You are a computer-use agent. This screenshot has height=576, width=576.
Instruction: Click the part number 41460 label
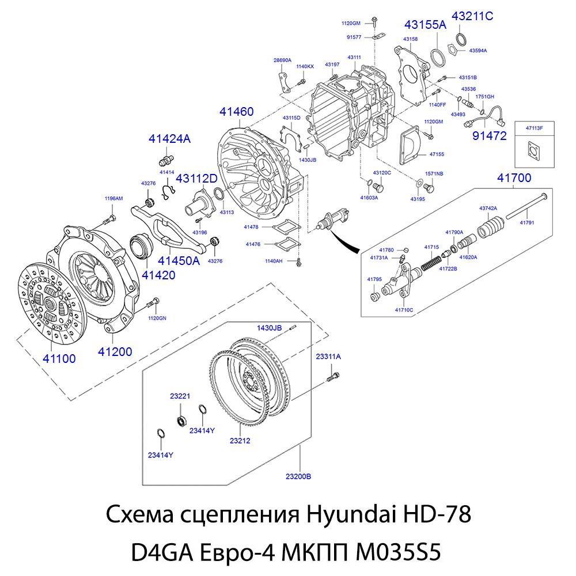tap(236, 112)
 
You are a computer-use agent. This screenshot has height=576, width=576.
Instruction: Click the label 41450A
tap(179, 260)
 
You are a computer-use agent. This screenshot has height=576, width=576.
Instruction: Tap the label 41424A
tap(169, 139)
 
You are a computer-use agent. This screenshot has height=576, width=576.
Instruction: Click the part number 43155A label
tap(425, 25)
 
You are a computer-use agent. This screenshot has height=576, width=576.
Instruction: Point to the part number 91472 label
tap(489, 136)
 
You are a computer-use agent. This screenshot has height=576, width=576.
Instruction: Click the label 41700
tap(514, 179)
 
